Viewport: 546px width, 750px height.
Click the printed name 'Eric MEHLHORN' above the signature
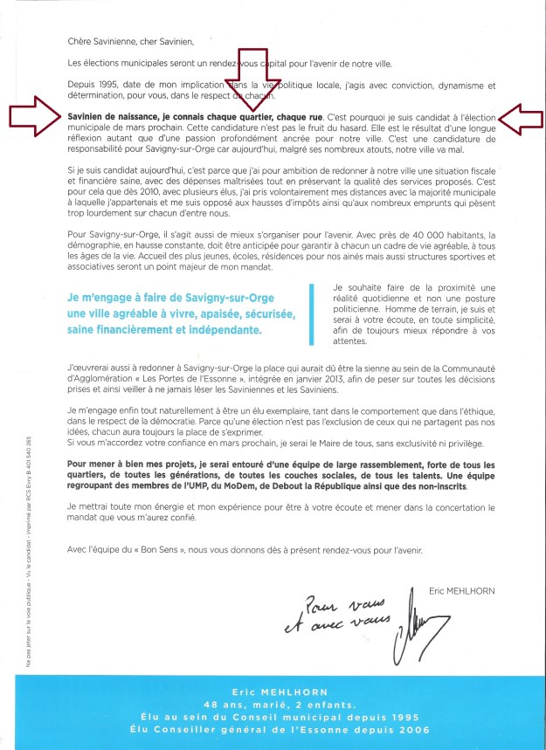click(461, 591)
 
